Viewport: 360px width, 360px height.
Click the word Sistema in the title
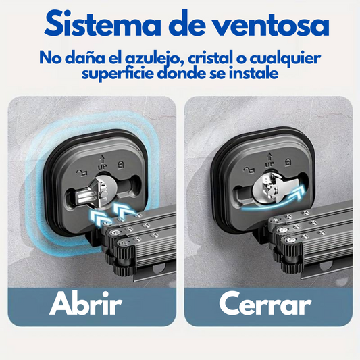(103, 24)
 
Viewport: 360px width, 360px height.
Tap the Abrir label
(85, 303)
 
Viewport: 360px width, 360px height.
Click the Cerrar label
(265, 304)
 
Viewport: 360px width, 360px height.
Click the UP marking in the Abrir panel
(102, 167)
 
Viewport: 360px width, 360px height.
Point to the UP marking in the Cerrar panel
(269, 164)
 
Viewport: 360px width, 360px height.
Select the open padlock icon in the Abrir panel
(82, 172)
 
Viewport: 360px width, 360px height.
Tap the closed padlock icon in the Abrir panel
(120, 165)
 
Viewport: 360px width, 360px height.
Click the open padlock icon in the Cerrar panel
(249, 170)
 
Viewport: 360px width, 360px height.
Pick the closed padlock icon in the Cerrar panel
(288, 162)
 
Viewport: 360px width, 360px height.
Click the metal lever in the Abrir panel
(92, 193)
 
